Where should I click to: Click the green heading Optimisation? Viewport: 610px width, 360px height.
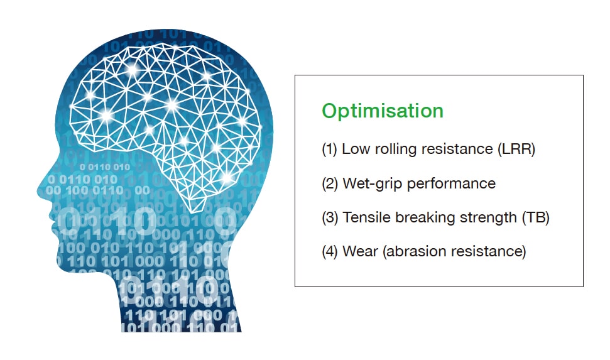383,111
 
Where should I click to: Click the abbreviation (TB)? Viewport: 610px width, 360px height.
536,217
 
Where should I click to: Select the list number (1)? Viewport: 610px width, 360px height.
330,150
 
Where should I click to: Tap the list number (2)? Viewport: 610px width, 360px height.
330,183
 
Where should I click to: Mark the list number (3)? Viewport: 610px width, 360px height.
330,217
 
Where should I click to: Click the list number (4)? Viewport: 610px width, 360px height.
330,251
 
